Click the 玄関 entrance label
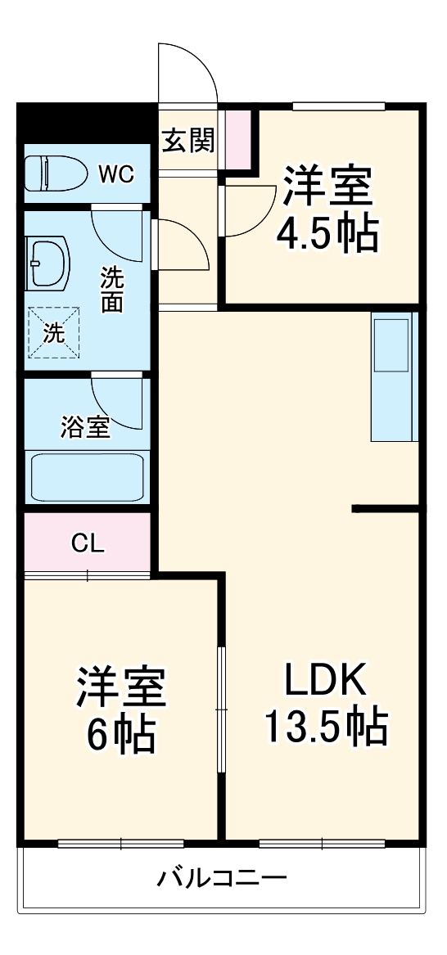187,142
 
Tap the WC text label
116,173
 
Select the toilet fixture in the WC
54,173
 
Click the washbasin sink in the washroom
49,264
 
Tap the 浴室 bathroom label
85,426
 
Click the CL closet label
88,543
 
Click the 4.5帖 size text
327,236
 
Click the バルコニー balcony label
223,881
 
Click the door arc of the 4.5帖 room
249,210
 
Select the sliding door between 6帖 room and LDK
220,709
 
